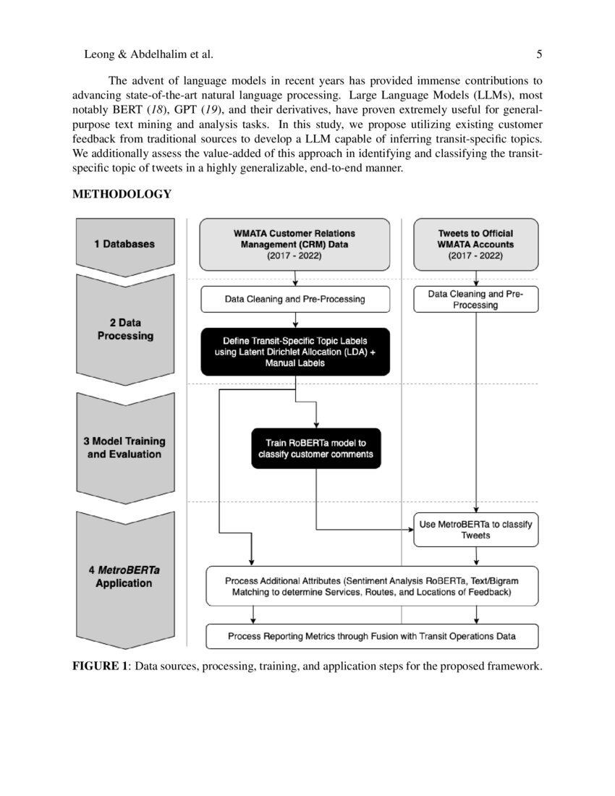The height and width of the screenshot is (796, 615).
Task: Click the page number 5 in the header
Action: click(540, 54)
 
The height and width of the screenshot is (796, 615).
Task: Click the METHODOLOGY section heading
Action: click(122, 194)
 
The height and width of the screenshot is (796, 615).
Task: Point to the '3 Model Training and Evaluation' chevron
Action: click(124, 447)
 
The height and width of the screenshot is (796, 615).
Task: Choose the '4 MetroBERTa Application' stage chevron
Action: click(124, 576)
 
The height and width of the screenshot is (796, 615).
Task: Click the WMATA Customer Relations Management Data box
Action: click(294, 245)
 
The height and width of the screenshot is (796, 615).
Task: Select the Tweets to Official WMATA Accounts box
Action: click(475, 245)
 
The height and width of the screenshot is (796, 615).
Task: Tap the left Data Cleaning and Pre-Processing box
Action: click(294, 299)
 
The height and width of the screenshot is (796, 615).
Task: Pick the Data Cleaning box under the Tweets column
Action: click(475, 299)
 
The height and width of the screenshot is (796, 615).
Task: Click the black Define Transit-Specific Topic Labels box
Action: click(294, 352)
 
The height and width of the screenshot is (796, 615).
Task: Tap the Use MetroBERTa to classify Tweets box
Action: click(475, 530)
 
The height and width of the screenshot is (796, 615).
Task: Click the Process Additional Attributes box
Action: click(372, 585)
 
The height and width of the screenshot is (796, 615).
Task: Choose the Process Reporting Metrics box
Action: click(372, 637)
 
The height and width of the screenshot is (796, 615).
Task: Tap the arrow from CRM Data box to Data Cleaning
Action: click(295, 279)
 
